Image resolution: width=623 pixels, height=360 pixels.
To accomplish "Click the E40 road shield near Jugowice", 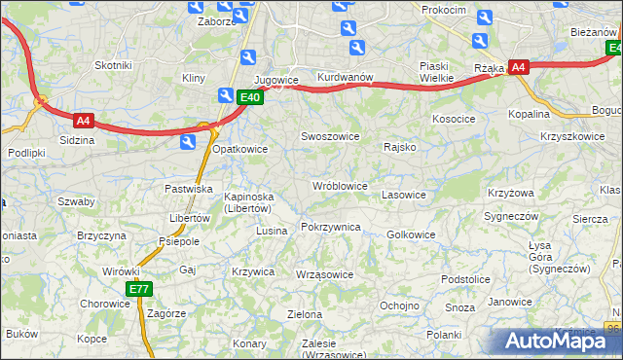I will [x=249, y=96].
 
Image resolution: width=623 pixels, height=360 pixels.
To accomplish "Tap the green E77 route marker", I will [x=139, y=289].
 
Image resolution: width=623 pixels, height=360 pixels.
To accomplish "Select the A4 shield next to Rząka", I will [x=519, y=67].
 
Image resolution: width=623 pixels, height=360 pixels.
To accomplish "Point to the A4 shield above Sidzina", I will [x=84, y=121].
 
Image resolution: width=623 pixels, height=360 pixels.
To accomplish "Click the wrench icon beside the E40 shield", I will [x=226, y=94].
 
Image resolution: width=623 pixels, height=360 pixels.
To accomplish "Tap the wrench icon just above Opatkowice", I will [x=187, y=142].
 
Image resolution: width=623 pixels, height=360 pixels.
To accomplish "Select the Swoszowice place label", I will [x=331, y=136].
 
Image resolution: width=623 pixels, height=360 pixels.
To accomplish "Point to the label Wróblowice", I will [x=340, y=185].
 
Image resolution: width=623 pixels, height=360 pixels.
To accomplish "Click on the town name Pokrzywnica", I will [x=331, y=227].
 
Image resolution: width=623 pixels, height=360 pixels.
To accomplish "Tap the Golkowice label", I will [x=411, y=234].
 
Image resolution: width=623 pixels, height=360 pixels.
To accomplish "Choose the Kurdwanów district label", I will [x=346, y=78].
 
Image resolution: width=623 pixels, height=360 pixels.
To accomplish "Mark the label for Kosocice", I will [x=454, y=119].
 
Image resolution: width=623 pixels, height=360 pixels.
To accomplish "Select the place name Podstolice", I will [x=464, y=279].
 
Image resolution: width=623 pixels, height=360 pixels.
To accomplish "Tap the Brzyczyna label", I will [x=102, y=236].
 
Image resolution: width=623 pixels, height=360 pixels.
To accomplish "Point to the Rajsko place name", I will [x=400, y=148].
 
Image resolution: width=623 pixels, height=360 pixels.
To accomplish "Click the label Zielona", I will [x=305, y=314].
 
